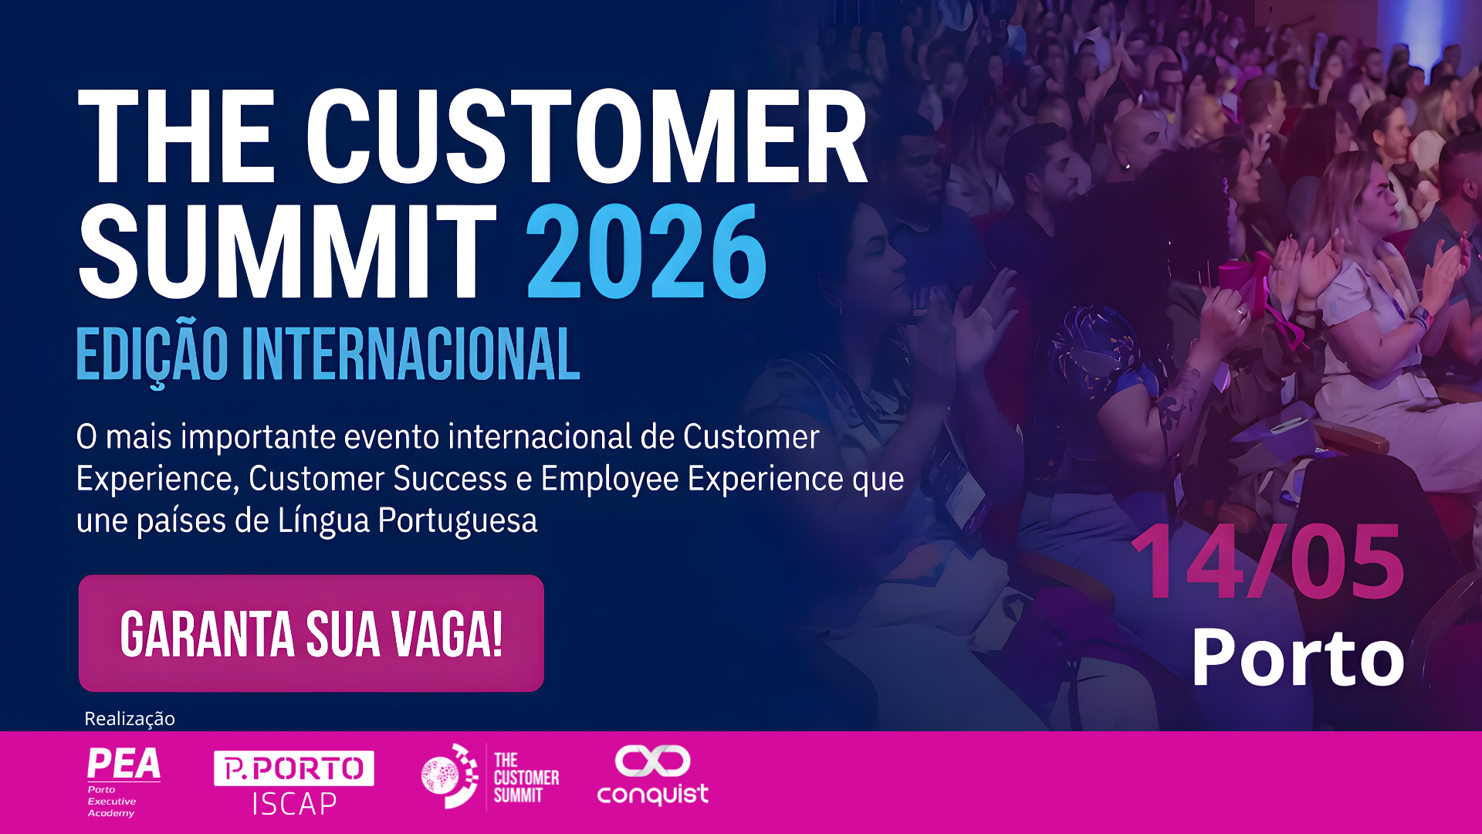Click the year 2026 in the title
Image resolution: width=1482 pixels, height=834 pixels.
coord(647,251)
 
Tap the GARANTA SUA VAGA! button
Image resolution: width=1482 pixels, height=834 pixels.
coord(311,633)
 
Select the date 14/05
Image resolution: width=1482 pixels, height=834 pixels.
coord(1267,562)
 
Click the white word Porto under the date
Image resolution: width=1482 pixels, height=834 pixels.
coord(1298,657)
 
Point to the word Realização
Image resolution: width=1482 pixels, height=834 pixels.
coord(130,719)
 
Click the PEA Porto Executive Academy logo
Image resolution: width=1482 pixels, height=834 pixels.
coord(123,781)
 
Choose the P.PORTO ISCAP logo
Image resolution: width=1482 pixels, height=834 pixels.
coord(294,783)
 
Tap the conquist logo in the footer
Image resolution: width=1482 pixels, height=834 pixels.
coord(653,775)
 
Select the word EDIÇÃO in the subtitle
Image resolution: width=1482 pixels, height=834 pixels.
coord(153,354)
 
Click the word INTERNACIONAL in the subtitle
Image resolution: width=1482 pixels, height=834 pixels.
coord(411,354)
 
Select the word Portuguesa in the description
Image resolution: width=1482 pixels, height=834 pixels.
coord(458,520)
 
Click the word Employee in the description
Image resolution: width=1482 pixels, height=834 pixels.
coord(610,479)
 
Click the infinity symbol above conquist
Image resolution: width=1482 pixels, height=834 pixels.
coord(653,761)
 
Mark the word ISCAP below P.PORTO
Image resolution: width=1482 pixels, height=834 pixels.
coord(295,804)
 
